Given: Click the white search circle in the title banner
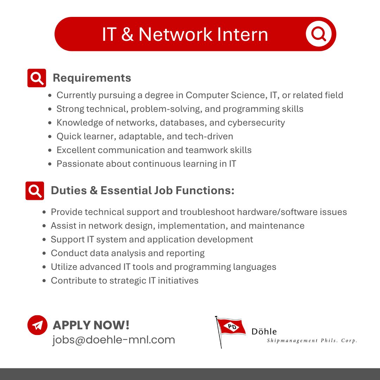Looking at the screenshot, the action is tap(318, 34).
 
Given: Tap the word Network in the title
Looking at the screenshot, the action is tap(176, 34).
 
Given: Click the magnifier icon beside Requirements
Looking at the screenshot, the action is tap(37, 78).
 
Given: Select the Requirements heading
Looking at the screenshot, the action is tap(92, 78).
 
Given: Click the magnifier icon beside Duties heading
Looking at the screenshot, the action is tap(34, 191).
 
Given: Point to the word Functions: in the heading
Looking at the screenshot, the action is tap(205, 190).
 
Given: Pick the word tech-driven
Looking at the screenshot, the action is tap(209, 136).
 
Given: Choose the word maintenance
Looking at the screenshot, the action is tap(277, 226).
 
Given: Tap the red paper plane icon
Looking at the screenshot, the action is tap(37, 325).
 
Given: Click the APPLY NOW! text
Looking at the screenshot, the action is tap(91, 325).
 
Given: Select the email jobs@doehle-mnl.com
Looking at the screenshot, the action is tap(114, 340).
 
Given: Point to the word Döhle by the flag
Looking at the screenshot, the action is tap(264, 331).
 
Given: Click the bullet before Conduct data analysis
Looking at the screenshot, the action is tap(44, 253).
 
